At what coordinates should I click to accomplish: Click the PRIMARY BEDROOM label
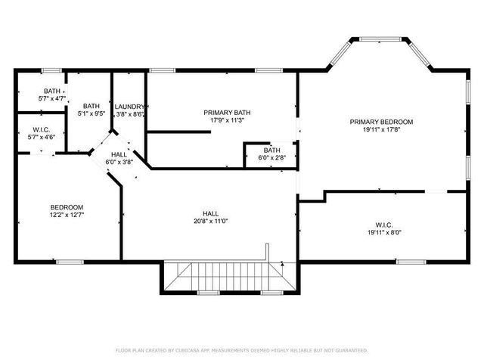[x=381, y=122]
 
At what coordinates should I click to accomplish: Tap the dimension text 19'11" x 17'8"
[x=381, y=129]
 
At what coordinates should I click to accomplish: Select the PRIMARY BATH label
[x=227, y=113]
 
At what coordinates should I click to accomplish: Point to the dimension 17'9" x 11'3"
[x=227, y=120]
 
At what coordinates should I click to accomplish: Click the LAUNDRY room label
[x=129, y=107]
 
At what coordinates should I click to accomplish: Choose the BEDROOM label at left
[x=67, y=207]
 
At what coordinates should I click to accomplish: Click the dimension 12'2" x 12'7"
[x=67, y=215]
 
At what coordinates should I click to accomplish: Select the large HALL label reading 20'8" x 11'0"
[x=210, y=213]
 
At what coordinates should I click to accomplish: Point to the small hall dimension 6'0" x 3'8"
[x=119, y=162]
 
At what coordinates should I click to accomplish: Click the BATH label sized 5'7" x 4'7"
[x=52, y=91]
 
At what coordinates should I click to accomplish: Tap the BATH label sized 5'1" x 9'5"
[x=92, y=107]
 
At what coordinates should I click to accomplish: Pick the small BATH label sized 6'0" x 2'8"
[x=271, y=150]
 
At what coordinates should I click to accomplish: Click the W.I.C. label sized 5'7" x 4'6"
[x=42, y=129]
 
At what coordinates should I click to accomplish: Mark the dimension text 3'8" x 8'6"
[x=129, y=114]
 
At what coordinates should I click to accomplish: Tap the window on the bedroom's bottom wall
[x=70, y=262]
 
